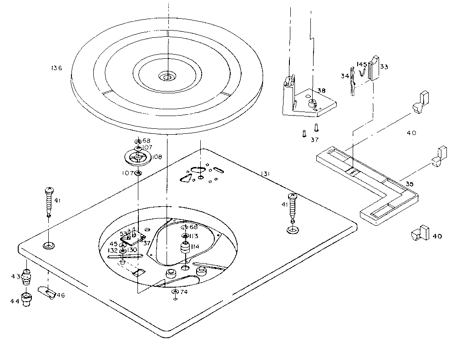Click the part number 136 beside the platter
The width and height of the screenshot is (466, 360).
click(x=57, y=68)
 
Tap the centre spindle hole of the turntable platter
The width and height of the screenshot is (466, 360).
click(x=167, y=77)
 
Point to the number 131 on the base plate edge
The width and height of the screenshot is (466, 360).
click(x=267, y=174)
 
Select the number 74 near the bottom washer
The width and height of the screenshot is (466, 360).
click(x=184, y=292)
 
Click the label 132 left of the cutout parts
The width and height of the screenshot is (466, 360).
click(x=112, y=251)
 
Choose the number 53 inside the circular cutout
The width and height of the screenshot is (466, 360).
click(x=123, y=234)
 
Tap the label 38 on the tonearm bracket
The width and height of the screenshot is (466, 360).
click(x=322, y=91)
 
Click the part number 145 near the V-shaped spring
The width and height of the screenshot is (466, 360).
click(x=362, y=64)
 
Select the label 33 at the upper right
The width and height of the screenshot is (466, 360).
click(x=384, y=67)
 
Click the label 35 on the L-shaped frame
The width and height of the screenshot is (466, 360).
click(x=410, y=184)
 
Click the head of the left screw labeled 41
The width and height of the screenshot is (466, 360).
click(x=48, y=190)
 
